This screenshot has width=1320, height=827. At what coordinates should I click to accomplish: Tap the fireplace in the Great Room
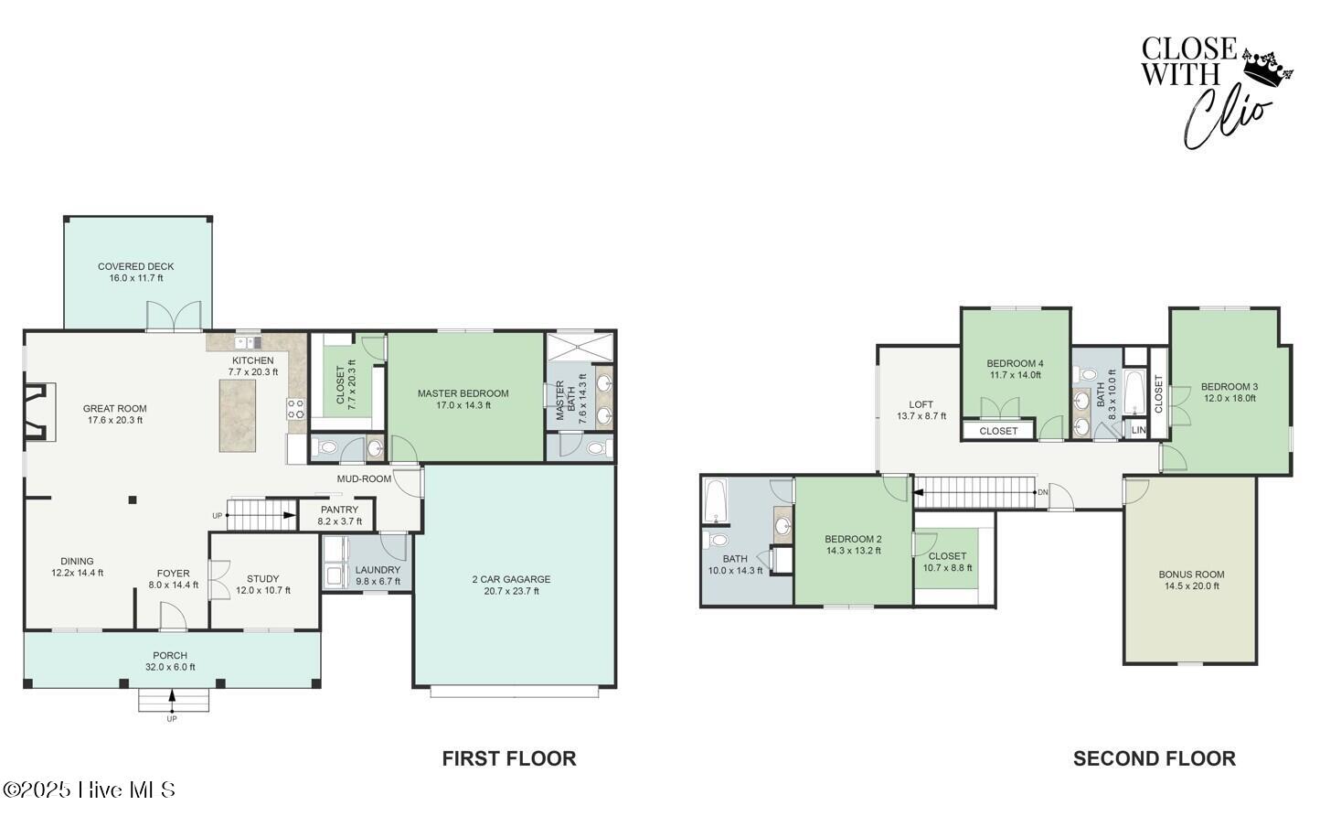(39, 412)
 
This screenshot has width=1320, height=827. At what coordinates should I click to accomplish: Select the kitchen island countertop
(238, 416)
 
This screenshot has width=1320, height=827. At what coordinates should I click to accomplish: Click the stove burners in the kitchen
(295, 409)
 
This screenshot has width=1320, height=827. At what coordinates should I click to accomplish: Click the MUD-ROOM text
(364, 479)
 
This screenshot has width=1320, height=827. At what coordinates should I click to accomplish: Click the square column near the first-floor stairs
(133, 500)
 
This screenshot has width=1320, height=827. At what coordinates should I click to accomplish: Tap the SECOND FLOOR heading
(1154, 758)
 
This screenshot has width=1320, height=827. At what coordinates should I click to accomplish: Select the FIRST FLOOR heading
(509, 758)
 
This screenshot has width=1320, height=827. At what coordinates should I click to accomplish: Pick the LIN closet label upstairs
(1138, 430)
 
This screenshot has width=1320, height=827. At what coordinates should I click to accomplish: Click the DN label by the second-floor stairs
(1043, 492)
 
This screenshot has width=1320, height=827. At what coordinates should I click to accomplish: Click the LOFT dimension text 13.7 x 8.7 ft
(921, 416)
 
